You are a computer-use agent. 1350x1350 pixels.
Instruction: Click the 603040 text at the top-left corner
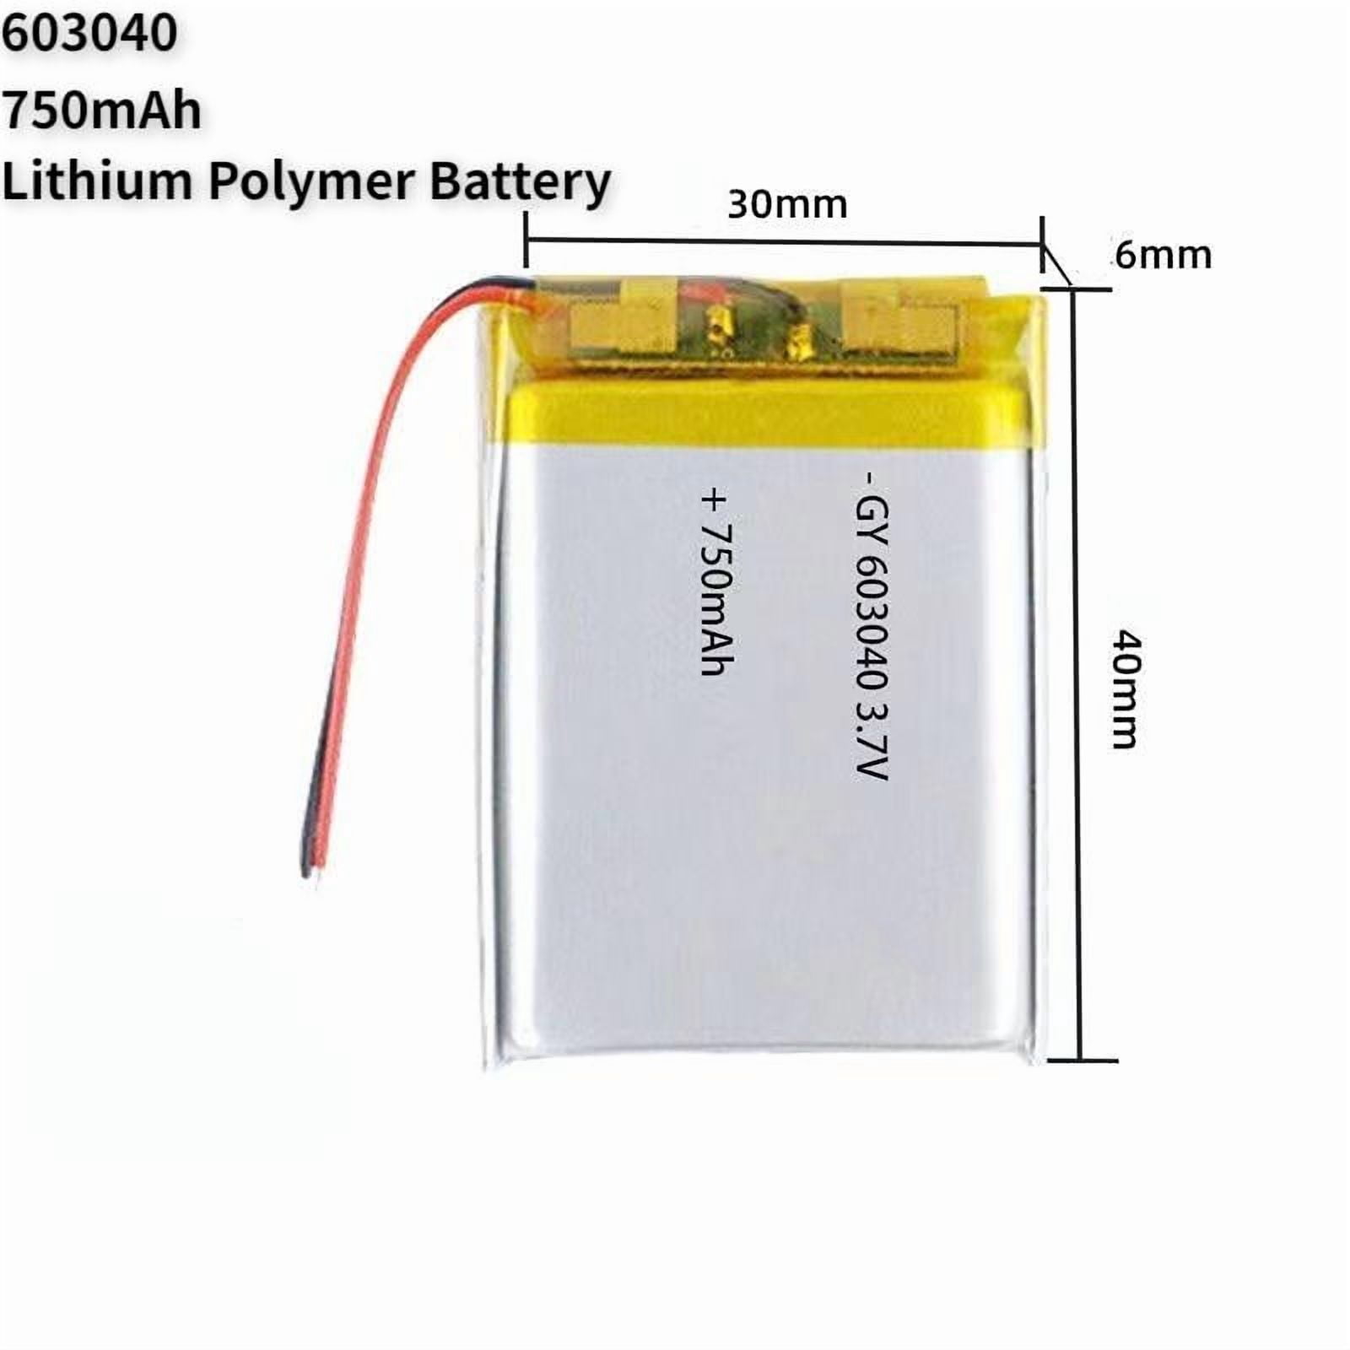pyautogui.click(x=89, y=34)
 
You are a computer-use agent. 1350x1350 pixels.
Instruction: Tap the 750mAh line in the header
pyautogui.click(x=101, y=110)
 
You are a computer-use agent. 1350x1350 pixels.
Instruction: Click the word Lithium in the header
pyautogui.click(x=97, y=181)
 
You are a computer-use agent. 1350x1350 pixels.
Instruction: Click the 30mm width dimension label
pyautogui.click(x=787, y=205)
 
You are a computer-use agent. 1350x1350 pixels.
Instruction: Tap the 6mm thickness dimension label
pyautogui.click(x=1164, y=255)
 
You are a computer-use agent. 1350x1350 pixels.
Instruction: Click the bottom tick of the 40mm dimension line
pyautogui.click(x=1082, y=1061)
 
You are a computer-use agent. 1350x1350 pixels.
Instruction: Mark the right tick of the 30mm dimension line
pyautogui.click(x=1043, y=245)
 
